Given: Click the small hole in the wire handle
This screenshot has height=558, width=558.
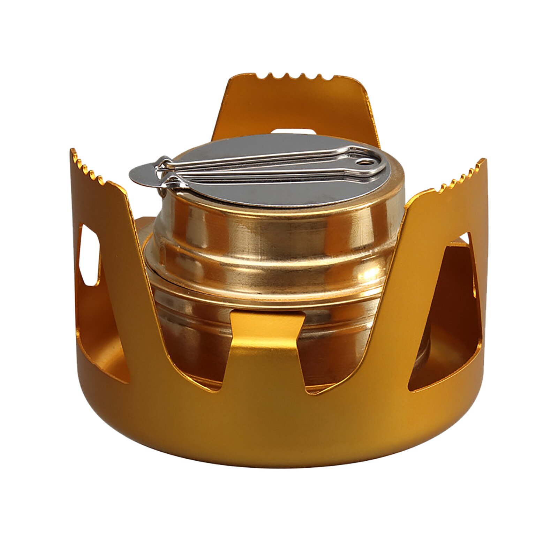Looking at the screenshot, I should pos(365,162).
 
